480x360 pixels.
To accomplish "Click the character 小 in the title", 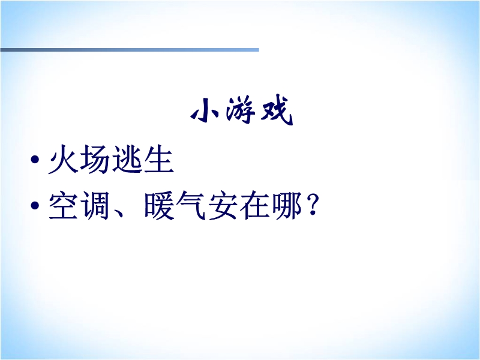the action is (x=205, y=110).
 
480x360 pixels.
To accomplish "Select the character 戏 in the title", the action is (x=277, y=110).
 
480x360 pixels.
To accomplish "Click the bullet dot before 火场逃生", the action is (x=35, y=159).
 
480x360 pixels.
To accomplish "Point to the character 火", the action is (x=64, y=159).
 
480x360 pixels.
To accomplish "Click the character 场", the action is (x=95, y=159).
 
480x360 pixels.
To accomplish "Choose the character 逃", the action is (x=127, y=159).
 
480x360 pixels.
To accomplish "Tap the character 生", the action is (x=158, y=159).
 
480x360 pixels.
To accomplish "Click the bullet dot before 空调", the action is (x=35, y=205).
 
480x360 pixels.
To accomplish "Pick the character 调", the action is (x=95, y=205).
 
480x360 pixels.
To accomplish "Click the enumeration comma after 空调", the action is (x=119, y=213).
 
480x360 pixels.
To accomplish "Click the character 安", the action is (x=223, y=205).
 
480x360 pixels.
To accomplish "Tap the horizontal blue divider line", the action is (x=130, y=50).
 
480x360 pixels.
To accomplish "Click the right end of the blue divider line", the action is (x=259, y=50).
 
